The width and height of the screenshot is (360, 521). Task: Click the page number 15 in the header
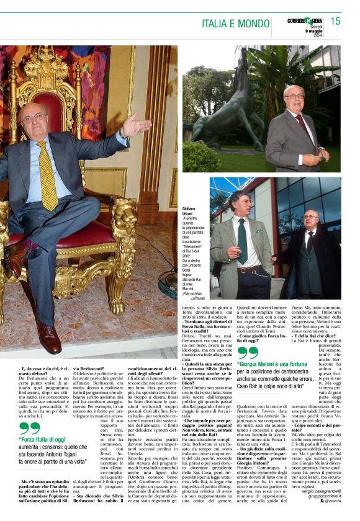pyautogui.click(x=335, y=22)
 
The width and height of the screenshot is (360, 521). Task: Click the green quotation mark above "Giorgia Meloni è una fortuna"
pyautogui.click(x=246, y=353)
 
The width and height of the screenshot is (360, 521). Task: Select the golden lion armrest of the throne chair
pyautogui.click(x=124, y=217)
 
